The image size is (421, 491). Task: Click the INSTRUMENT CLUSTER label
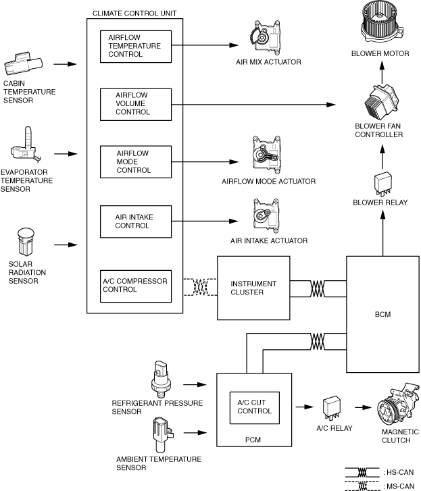point(253,288)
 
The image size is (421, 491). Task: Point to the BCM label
point(382,315)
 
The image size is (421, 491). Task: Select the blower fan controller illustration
point(381,102)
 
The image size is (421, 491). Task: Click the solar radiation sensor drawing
point(26,242)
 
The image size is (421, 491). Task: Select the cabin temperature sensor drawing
point(23,64)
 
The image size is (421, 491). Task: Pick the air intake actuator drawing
point(266,216)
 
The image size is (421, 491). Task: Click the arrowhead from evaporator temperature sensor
point(73,154)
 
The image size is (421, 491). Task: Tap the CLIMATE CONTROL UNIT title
point(134,14)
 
